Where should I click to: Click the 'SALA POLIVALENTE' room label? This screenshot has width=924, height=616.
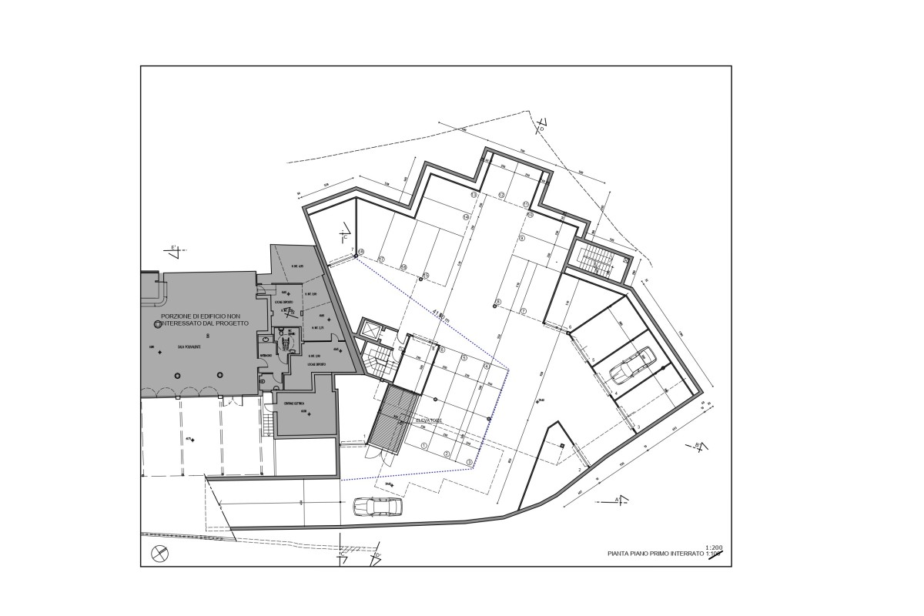coord(189,348)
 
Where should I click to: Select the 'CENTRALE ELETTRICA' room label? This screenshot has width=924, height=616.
coord(294,403)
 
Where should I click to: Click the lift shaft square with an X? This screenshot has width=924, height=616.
coord(371,330)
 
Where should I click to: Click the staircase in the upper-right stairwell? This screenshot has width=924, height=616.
coord(594,257)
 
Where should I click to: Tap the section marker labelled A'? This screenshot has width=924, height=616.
coord(617,500)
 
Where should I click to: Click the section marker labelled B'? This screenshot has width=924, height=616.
coord(698,446)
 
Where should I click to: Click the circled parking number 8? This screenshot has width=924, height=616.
coord(498,301)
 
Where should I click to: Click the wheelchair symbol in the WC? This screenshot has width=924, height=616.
coord(283,339)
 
